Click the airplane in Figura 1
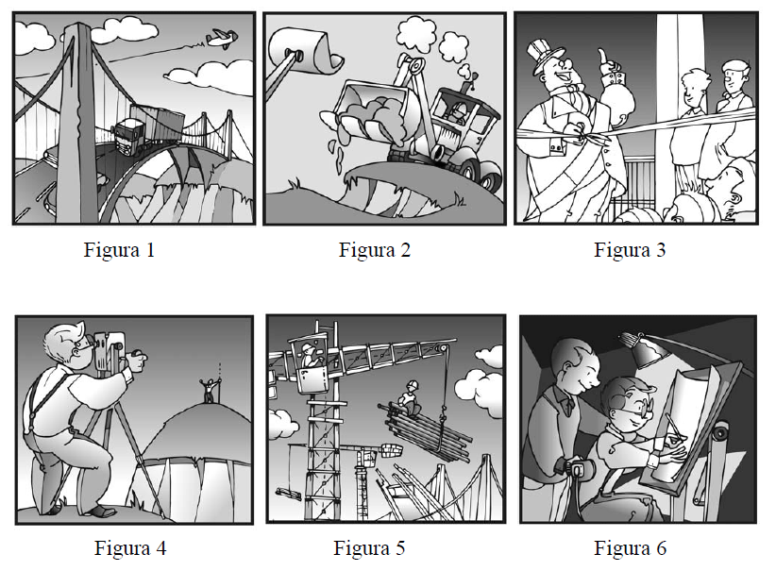tap(221, 39)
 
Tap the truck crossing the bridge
tap(147, 127)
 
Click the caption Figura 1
tap(119, 250)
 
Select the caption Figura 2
tap(375, 250)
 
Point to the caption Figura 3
tap(630, 250)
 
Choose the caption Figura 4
tap(130, 548)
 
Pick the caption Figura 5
tap(369, 548)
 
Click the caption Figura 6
tap(631, 548)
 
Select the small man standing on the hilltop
tap(211, 389)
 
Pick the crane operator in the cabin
tap(311, 355)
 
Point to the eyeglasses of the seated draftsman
tap(636, 410)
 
